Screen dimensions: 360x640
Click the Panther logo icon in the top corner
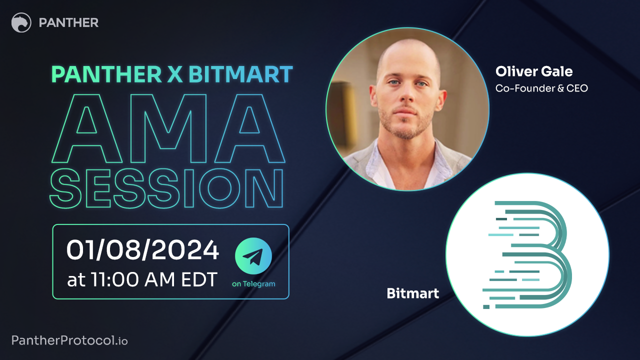[21, 22]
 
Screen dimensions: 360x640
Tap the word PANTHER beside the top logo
[68, 22]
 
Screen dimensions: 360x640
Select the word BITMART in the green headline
[240, 74]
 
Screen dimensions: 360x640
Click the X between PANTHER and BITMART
[171, 74]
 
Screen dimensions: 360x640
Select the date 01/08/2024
[142, 250]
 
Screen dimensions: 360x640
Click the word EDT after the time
[196, 279]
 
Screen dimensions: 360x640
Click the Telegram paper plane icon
[253, 256]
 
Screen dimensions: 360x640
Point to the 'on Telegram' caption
[253, 284]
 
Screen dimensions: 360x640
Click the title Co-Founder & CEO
[541, 88]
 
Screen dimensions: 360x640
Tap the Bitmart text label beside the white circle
[412, 293]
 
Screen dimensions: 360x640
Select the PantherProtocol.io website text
[69, 341]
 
